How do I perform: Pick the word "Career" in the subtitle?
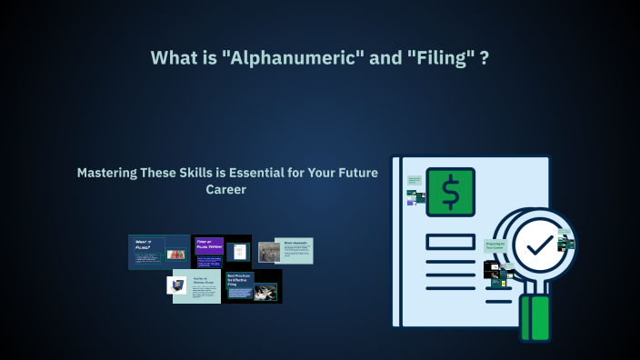(x=227, y=190)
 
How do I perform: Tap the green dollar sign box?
(x=450, y=193)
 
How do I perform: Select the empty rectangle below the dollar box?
(x=449, y=242)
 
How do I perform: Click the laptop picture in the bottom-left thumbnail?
(x=177, y=285)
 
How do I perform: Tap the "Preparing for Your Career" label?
(x=495, y=245)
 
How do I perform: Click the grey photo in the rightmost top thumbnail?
(x=268, y=252)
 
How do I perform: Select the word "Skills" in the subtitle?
(x=204, y=173)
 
